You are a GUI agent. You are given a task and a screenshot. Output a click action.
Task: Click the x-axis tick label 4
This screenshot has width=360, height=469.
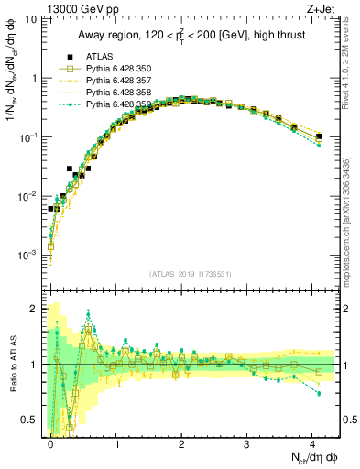(312, 442)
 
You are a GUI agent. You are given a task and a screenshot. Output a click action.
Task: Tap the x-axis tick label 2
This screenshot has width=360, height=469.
(181, 442)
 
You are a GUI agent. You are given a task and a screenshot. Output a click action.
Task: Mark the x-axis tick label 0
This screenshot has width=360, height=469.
(50, 442)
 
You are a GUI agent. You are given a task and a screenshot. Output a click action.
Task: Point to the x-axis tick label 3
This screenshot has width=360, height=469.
(247, 442)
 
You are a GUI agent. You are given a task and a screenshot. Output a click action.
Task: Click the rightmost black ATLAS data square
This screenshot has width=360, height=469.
(319, 136)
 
